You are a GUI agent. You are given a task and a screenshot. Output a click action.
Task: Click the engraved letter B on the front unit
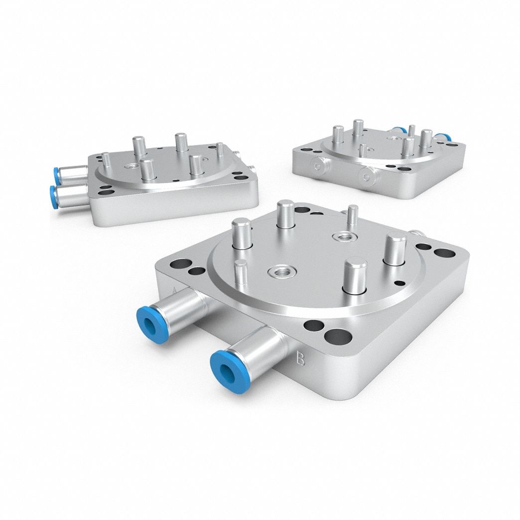coord(300,359)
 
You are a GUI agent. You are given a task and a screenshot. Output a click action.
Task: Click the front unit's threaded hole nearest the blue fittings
coord(277,271)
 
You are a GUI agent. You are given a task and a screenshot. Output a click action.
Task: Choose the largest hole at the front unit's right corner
coord(441,252)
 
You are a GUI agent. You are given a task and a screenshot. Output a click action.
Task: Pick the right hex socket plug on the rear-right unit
coord(367,175)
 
